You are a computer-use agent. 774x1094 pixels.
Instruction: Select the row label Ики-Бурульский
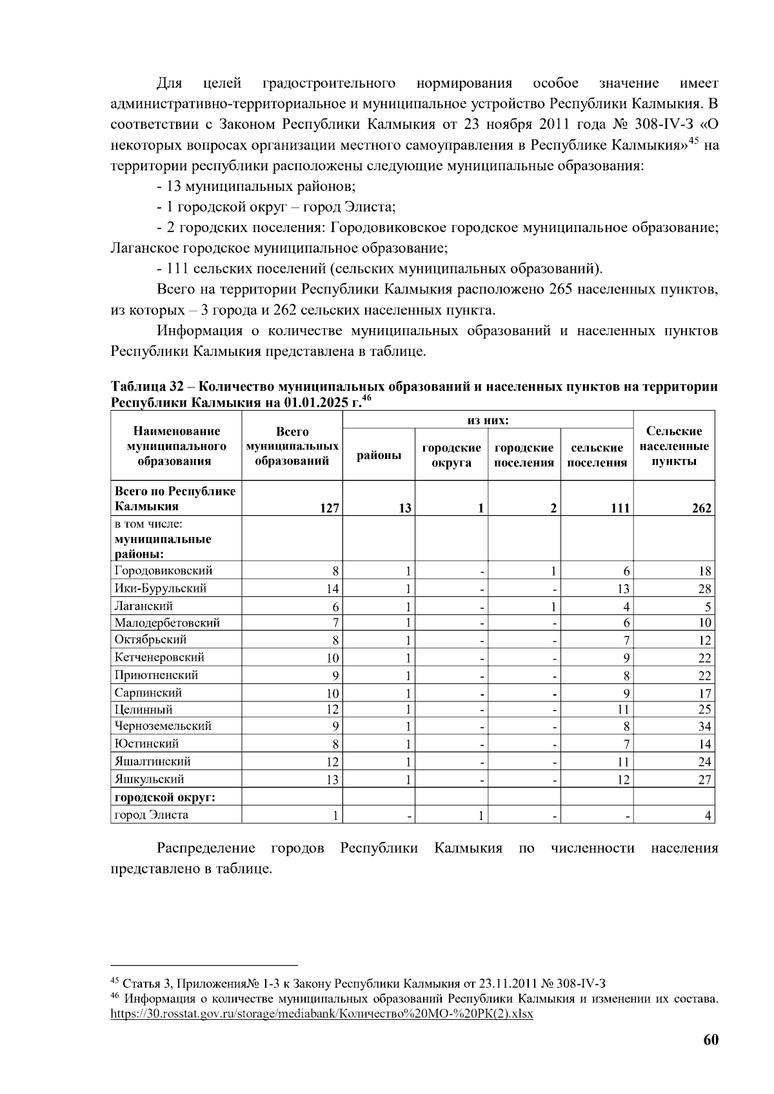point(161,588)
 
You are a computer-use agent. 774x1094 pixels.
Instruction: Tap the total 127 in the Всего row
point(330,508)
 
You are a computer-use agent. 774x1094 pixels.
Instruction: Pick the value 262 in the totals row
point(702,508)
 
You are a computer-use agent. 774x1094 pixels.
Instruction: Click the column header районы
point(379,455)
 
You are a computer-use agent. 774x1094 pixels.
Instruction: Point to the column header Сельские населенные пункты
point(674,445)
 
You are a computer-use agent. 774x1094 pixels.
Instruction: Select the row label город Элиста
point(152,815)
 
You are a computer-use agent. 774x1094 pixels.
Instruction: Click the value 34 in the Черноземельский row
point(704,727)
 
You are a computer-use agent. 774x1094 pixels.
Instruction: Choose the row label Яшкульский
point(150,779)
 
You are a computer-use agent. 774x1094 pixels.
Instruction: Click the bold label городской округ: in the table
point(165,797)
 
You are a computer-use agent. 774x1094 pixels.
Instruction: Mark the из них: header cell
point(488,420)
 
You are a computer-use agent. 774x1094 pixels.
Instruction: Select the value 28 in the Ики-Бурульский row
point(704,589)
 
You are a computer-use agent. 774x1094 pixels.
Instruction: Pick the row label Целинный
point(144,709)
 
